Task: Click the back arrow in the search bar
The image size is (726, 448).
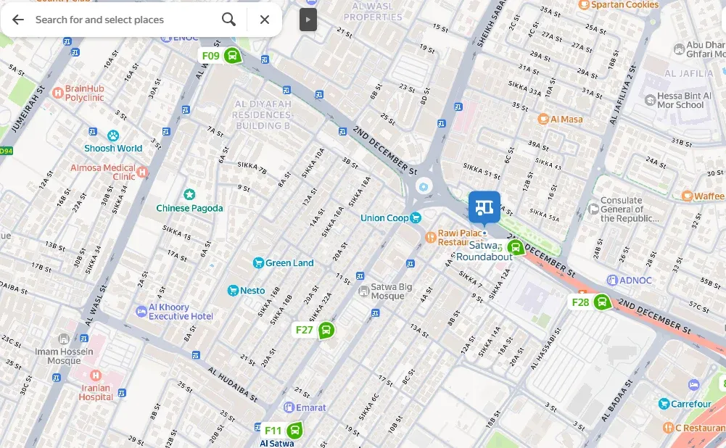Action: pyautogui.click(x=18, y=20)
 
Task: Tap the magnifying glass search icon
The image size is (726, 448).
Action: pyautogui.click(x=228, y=20)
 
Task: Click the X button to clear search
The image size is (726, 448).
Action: pyautogui.click(x=265, y=20)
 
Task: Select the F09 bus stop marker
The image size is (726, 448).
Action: pyautogui.click(x=232, y=56)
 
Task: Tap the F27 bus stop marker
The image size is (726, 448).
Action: pyautogui.click(x=326, y=331)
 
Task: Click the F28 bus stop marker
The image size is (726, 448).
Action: pyautogui.click(x=601, y=302)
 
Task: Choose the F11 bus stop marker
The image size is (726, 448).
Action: pyautogui.click(x=294, y=431)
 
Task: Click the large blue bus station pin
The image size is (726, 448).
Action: pyautogui.click(x=484, y=207)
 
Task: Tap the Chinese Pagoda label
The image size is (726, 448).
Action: pyautogui.click(x=189, y=208)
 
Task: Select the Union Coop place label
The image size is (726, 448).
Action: pyautogui.click(x=384, y=218)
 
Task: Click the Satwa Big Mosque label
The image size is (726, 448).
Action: pyautogui.click(x=392, y=291)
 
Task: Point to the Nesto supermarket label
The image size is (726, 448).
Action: pyautogui.click(x=252, y=291)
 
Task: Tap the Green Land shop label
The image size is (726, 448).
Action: pyautogui.click(x=289, y=263)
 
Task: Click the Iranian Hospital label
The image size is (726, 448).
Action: pyautogui.click(x=96, y=392)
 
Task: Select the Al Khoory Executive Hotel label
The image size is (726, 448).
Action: pyautogui.click(x=181, y=312)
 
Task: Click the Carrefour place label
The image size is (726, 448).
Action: pyautogui.click(x=690, y=404)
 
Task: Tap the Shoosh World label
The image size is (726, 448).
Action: pyautogui.click(x=113, y=148)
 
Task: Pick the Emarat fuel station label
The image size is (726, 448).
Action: pyautogui.click(x=310, y=407)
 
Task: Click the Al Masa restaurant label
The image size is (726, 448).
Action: pyautogui.click(x=566, y=119)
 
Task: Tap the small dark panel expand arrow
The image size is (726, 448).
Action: pyautogui.click(x=308, y=20)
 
